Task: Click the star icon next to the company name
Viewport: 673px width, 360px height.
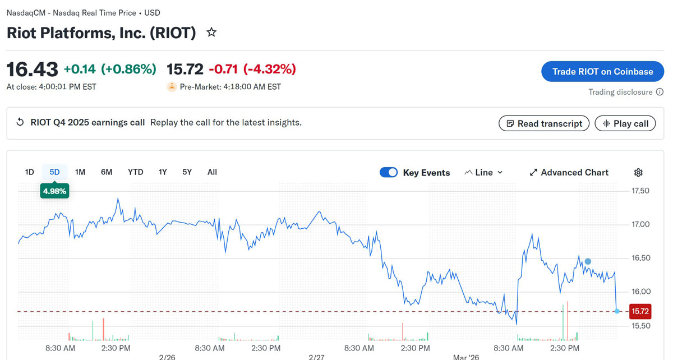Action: point(211,33)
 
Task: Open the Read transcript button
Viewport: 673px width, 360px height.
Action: point(543,123)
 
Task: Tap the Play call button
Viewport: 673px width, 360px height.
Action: point(625,123)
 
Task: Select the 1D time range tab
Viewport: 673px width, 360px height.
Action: point(29,172)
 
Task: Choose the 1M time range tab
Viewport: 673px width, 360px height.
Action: point(80,172)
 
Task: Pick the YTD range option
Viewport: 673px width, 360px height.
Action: point(135,172)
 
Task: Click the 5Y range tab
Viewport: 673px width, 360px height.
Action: point(187,172)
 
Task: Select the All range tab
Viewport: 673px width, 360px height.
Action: point(212,172)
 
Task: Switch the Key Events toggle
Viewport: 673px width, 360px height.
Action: point(389,172)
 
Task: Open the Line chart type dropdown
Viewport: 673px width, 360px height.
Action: point(483,173)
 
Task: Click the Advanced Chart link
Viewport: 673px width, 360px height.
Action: point(569,173)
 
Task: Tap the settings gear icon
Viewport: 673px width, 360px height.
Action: point(638,173)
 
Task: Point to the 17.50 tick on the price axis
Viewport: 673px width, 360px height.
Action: point(640,191)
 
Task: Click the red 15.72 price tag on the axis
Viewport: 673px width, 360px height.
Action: point(640,311)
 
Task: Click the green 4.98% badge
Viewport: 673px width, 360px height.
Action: point(54,191)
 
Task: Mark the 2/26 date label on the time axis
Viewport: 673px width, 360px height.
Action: point(167,357)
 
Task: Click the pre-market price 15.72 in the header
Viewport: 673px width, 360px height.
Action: point(185,69)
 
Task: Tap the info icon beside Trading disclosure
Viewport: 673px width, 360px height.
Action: point(660,92)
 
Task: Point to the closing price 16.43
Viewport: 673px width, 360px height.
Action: point(32,70)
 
